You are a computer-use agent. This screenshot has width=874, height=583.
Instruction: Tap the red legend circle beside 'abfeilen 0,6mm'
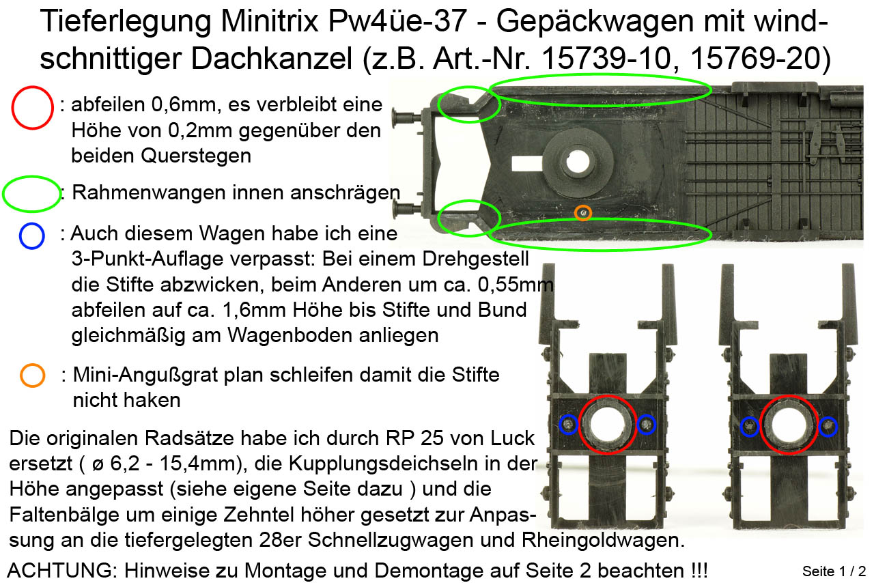[32, 108]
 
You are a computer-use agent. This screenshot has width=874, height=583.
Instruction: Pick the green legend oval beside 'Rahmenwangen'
[32, 194]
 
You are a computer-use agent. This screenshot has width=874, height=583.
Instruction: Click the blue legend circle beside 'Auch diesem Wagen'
[32, 236]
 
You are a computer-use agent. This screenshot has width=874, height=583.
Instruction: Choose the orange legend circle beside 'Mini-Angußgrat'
[32, 375]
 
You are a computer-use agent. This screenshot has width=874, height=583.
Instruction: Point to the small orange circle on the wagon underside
[583, 213]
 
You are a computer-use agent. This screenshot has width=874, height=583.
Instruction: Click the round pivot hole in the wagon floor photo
[578, 162]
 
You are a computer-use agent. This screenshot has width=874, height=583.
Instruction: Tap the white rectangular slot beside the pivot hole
[526, 164]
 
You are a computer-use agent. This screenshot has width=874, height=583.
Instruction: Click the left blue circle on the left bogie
[568, 425]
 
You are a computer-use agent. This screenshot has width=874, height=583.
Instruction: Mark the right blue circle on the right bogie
[828, 427]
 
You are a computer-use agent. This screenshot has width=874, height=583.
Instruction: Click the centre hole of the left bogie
[607, 424]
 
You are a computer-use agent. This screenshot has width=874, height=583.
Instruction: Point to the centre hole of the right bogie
[789, 425]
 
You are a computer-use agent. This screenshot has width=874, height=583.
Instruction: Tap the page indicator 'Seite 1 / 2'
[834, 571]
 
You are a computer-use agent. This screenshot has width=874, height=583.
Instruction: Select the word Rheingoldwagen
[603, 541]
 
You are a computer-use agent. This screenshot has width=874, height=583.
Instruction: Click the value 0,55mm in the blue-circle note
[516, 285]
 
